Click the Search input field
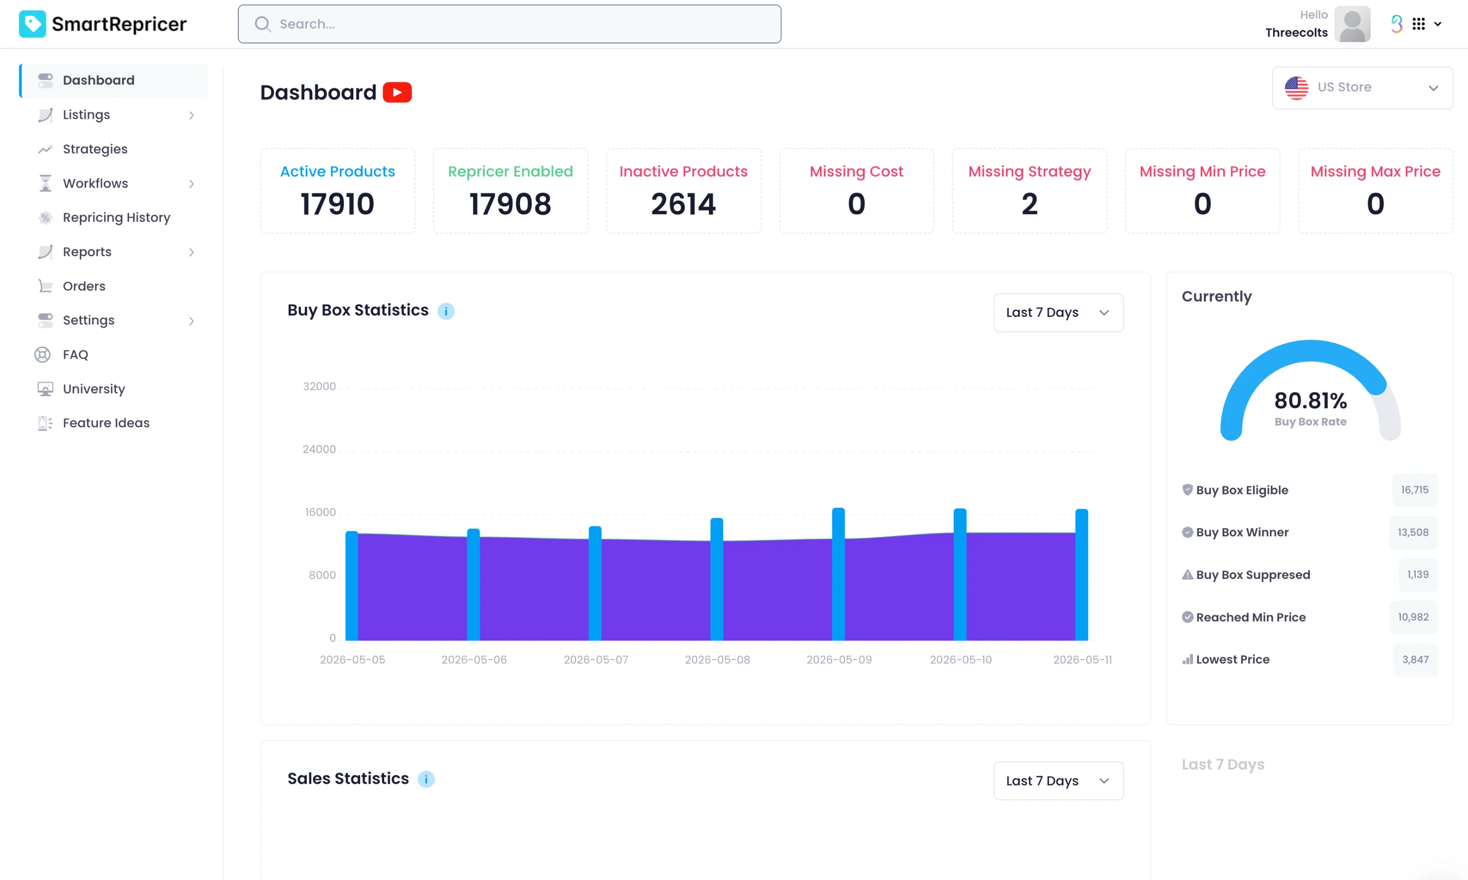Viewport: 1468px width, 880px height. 509,24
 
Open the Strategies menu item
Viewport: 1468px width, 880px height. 95,149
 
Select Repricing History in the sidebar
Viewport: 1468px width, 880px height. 116,218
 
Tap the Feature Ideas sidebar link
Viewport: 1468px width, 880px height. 106,423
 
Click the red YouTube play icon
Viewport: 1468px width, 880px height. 397,92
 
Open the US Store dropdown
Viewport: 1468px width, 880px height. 1362,88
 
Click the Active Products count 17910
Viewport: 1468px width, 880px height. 338,204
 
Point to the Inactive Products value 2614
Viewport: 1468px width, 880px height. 684,204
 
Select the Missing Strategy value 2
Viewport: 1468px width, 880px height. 1030,204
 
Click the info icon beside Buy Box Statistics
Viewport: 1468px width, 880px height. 446,311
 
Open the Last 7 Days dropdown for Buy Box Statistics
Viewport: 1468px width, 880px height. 1058,312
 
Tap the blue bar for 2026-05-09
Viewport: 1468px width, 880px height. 838,574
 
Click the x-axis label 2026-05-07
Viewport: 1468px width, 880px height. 596,660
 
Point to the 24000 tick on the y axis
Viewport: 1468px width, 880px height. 319,449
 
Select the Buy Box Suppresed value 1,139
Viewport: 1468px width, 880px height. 1418,574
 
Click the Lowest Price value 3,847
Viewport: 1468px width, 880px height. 1415,660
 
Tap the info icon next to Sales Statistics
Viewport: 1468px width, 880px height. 426,779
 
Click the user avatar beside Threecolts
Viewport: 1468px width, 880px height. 1353,24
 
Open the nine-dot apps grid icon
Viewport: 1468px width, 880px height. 1419,24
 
